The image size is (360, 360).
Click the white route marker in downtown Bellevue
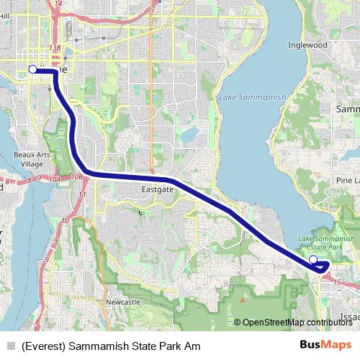click(x=32, y=69)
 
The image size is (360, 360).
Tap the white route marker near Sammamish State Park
click(x=312, y=259)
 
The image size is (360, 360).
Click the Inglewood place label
click(x=307, y=45)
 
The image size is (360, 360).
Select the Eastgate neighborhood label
click(x=157, y=190)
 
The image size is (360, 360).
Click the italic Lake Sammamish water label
click(x=252, y=96)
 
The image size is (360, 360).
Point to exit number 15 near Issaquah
click(x=337, y=283)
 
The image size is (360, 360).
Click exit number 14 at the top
click(x=59, y=4)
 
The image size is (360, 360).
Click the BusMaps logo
click(x=325, y=346)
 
